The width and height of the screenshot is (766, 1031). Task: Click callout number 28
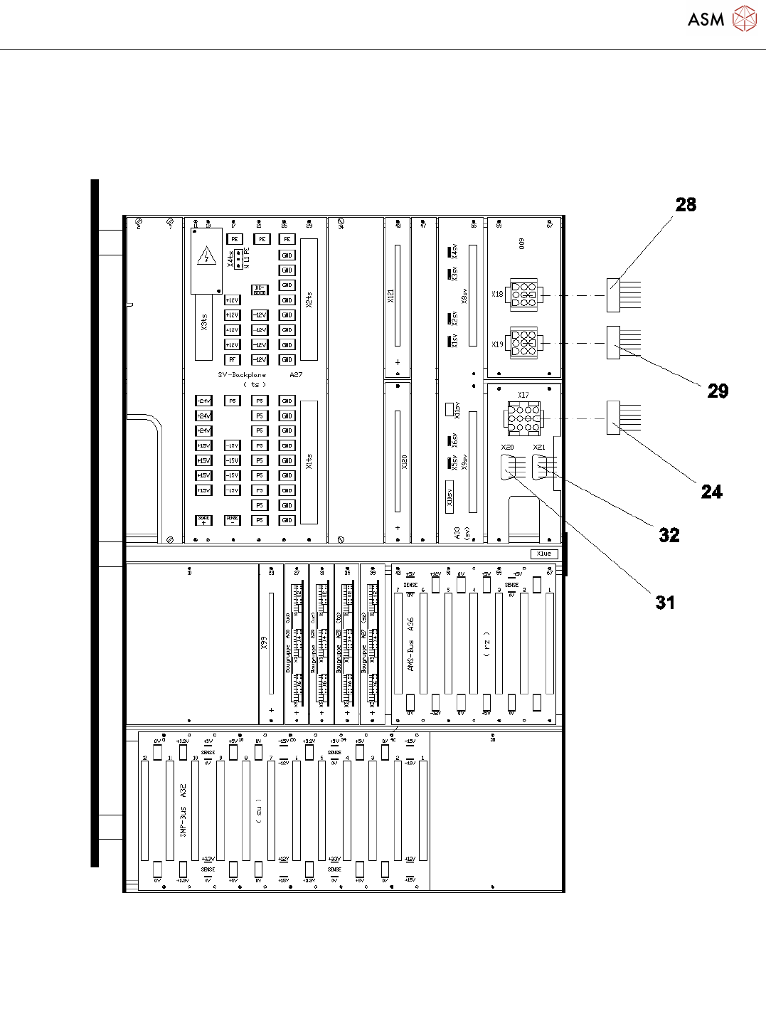(686, 205)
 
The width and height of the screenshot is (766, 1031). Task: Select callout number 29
(718, 391)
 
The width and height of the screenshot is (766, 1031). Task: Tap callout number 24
(711, 492)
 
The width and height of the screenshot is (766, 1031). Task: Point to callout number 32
(669, 535)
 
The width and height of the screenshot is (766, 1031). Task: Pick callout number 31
(665, 603)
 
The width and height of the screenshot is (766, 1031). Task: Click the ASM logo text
(706, 20)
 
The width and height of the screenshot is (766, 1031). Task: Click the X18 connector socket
(523, 294)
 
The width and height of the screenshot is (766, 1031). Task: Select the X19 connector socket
(523, 343)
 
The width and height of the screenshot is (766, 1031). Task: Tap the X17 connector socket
(523, 418)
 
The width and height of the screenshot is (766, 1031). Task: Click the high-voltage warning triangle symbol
(206, 257)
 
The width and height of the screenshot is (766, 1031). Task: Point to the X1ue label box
(544, 554)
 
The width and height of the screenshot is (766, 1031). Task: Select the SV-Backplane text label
(242, 374)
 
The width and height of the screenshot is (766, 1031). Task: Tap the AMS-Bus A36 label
(410, 645)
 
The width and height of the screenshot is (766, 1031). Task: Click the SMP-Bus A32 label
(183, 810)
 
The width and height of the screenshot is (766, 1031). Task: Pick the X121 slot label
(390, 296)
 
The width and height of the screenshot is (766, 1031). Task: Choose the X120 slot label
(404, 462)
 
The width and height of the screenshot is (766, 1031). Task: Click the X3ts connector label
(204, 322)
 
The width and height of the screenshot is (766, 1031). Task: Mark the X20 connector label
(507, 448)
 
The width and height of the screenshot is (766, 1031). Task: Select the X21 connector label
(539, 448)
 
